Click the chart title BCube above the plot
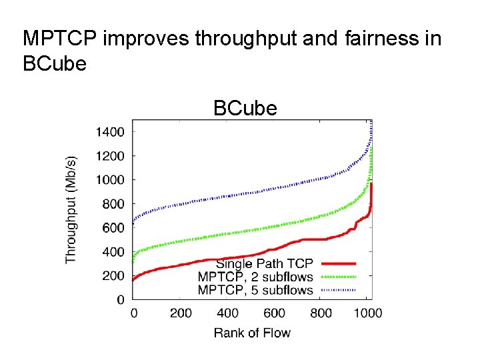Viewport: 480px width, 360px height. [245, 108]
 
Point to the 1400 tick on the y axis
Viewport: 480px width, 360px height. [109, 132]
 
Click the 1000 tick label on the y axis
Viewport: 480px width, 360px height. [109, 180]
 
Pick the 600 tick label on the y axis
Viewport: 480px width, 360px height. [112, 228]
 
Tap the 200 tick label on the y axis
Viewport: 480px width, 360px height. [112, 276]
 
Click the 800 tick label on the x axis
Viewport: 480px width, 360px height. [322, 313]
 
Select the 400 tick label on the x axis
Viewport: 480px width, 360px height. [228, 313]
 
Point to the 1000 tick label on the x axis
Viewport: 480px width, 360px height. [367, 313]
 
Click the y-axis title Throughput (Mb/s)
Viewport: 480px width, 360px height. [71, 209]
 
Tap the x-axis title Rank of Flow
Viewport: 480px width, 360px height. [252, 332]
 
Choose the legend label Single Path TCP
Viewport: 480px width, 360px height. [264, 264]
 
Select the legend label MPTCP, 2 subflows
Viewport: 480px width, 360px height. [255, 277]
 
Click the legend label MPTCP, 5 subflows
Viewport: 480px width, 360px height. [255, 289]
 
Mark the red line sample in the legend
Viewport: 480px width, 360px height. [338, 265]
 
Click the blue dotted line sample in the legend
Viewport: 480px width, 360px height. [338, 290]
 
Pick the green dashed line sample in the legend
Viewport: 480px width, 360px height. [338, 277]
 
